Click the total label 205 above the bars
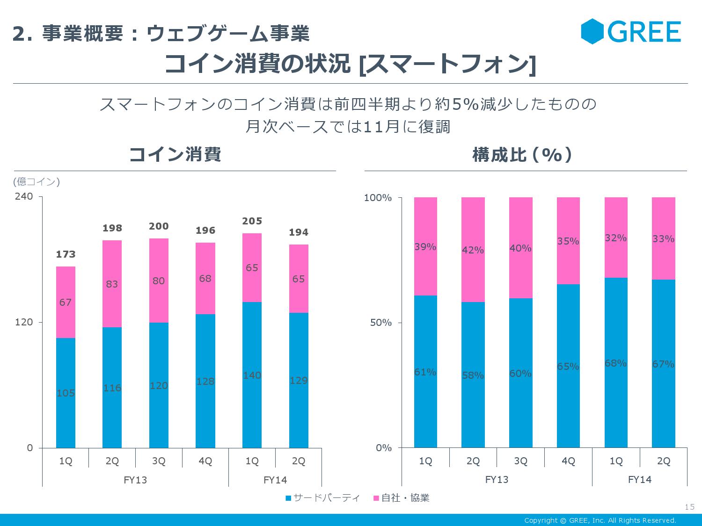[252, 221]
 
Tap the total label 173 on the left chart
[66, 254]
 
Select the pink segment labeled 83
[112, 284]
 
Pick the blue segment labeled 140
[252, 375]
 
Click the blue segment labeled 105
[66, 393]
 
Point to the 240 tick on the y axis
[24, 196]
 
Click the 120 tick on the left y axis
[24, 322]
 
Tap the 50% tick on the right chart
[380, 323]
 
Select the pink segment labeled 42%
[473, 250]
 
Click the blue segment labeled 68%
[615, 363]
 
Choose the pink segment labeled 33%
[663, 239]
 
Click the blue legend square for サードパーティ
[288, 498]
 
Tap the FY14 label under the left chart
[275, 480]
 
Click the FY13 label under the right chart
[497, 480]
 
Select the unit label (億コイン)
[37, 181]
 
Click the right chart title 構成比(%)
[522, 155]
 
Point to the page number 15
[689, 507]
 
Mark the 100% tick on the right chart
[378, 198]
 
